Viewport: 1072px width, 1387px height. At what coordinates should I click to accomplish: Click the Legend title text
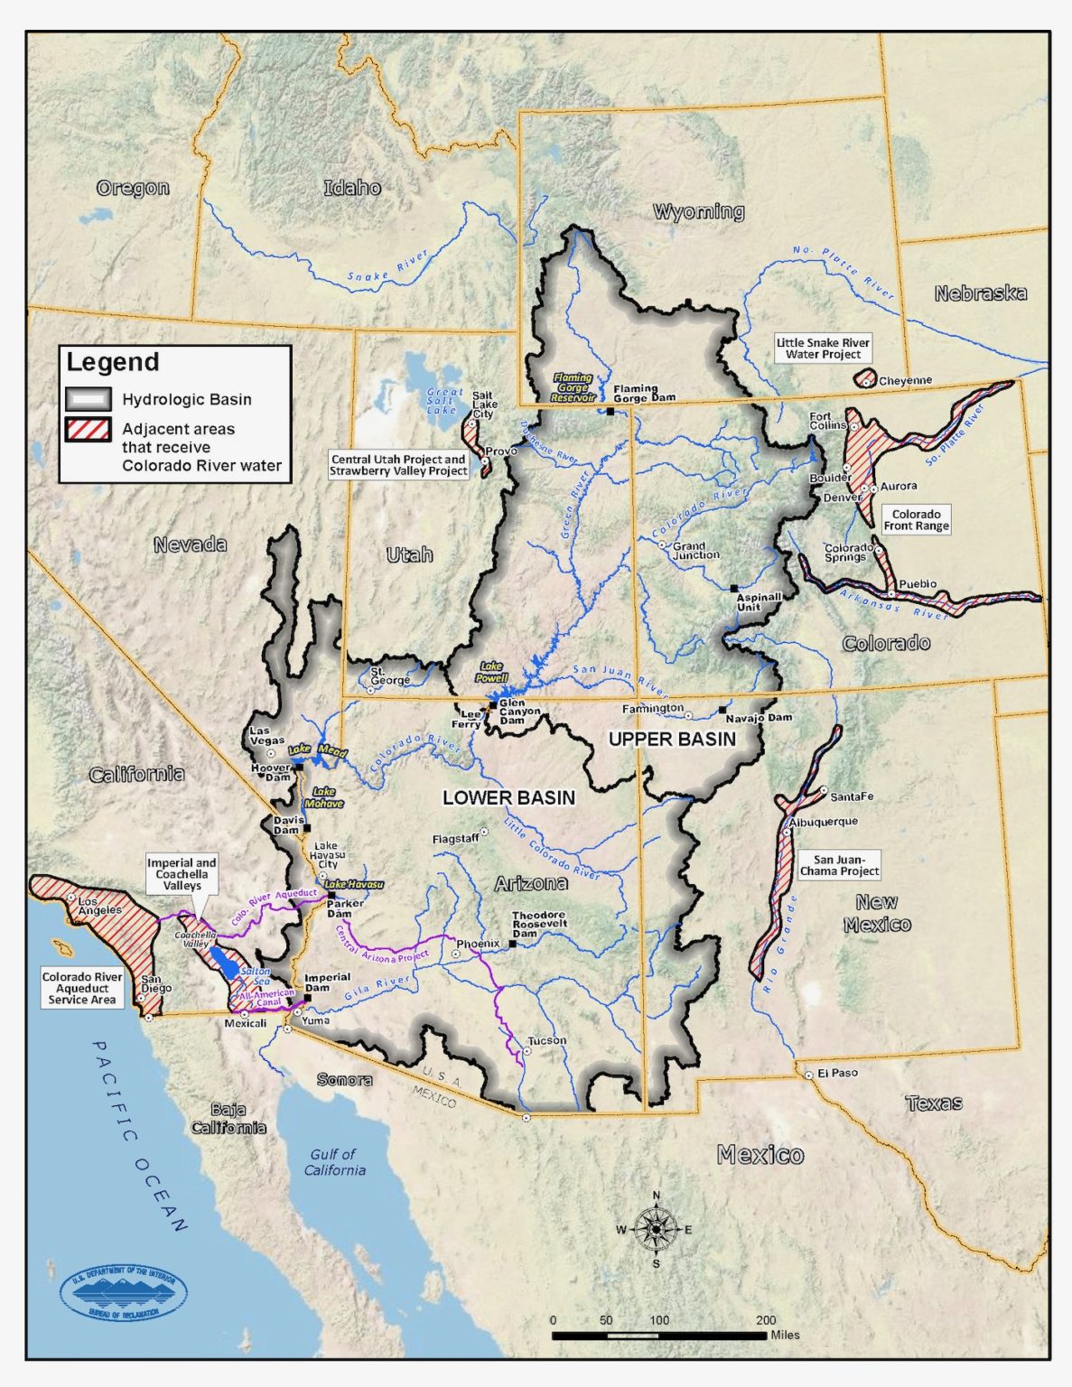point(113,362)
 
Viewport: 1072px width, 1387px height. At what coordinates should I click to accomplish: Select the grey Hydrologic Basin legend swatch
point(88,399)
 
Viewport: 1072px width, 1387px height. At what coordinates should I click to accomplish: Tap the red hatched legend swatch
point(88,430)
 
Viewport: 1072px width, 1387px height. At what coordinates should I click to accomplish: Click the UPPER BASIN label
point(672,739)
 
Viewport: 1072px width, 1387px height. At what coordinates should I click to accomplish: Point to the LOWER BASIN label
point(508,797)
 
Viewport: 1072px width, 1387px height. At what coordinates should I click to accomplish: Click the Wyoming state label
point(698,212)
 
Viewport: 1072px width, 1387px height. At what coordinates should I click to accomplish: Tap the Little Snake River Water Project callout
point(823,349)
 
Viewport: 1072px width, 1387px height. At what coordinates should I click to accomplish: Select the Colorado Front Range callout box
point(916,520)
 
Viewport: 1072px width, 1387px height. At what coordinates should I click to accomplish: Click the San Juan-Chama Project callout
point(839,865)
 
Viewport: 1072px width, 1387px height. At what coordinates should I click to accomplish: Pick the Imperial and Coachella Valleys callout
point(182,874)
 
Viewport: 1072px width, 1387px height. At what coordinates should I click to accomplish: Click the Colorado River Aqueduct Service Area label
point(81,988)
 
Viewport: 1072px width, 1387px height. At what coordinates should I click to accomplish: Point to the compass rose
point(656,1229)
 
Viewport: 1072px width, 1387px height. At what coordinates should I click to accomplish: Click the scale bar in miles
point(659,1335)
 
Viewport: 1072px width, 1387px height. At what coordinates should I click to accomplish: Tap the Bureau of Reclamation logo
point(123,1292)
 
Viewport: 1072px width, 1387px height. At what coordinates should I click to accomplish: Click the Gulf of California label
point(334,1161)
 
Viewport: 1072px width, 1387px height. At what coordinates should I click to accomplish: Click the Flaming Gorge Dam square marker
point(611,411)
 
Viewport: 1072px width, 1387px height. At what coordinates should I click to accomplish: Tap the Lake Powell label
point(492,672)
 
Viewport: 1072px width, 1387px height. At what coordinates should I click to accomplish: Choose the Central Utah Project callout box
point(398,465)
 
